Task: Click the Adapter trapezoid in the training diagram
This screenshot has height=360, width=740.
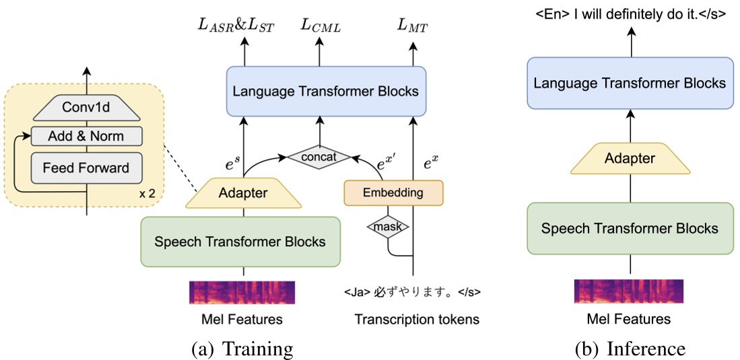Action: coord(244,193)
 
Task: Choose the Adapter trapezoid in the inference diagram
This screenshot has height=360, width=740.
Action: coord(630,159)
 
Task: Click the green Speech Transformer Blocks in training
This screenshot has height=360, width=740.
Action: coord(240,242)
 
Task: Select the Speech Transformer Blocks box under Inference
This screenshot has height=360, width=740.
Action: coord(630,228)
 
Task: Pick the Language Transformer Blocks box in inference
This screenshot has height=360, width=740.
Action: coord(630,83)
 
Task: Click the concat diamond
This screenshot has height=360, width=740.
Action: coord(320,157)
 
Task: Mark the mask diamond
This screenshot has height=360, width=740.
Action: coord(387,227)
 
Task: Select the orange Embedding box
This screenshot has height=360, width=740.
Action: coord(393,192)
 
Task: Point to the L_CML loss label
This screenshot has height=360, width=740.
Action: coord(320,27)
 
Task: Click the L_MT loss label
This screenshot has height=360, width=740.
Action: coord(412,27)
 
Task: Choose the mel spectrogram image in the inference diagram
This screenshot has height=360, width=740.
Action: coord(629,292)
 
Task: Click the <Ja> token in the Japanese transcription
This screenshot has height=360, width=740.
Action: coord(356,293)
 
